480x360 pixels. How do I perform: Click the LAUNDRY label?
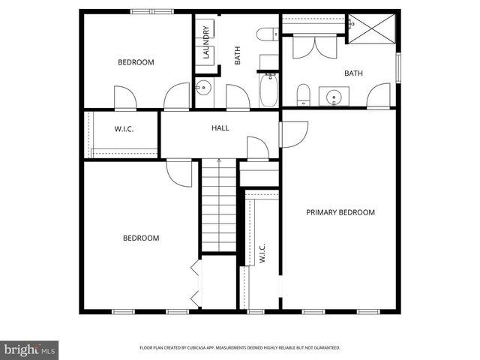coord(205,43)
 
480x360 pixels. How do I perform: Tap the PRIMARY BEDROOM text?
coord(340,212)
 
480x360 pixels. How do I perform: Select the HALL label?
coord(220,128)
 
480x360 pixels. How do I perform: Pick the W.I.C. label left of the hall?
coord(124,129)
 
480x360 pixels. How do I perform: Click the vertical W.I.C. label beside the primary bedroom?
coord(262,253)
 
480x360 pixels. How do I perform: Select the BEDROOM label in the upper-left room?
coord(136,62)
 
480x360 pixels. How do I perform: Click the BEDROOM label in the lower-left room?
coord(141,238)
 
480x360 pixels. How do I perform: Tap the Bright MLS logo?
coord(30,349)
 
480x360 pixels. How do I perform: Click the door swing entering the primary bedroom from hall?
coord(293,133)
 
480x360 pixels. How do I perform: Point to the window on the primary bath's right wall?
coord(398,68)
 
